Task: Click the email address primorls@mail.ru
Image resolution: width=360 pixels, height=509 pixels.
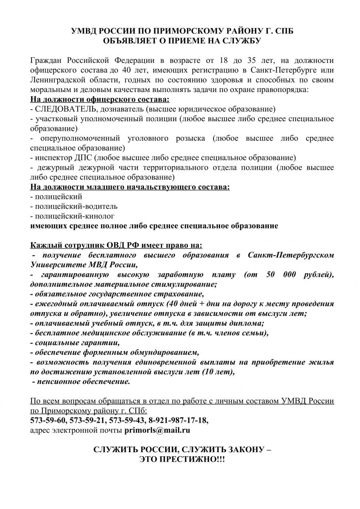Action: coord(157,431)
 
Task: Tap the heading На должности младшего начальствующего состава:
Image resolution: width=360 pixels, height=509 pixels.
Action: coord(130,187)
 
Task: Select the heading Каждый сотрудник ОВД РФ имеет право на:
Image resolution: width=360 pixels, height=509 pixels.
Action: coord(116,245)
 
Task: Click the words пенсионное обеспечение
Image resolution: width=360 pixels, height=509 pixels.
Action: coord(83,381)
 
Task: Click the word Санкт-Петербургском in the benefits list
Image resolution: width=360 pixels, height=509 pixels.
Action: coord(291,255)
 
